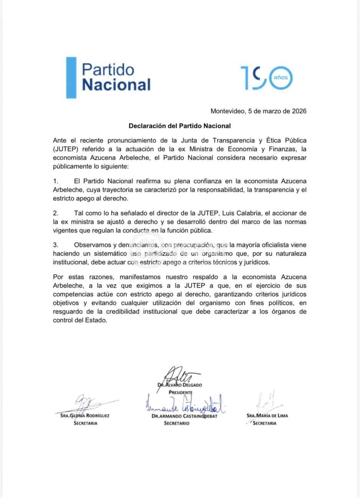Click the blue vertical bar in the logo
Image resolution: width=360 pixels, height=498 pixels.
click(71, 78)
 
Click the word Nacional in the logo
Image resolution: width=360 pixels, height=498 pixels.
click(116, 85)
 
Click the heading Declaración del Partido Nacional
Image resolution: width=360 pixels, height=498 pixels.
click(179, 126)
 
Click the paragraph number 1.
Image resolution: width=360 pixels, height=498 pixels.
click(55, 181)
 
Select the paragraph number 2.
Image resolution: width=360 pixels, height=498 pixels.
click(55, 213)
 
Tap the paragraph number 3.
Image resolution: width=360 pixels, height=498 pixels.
click(55, 245)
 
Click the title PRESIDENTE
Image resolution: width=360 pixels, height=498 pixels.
click(180, 393)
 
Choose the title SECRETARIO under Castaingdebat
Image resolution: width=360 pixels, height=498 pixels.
click(176, 423)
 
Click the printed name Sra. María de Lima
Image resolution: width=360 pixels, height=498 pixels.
click(267, 416)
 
